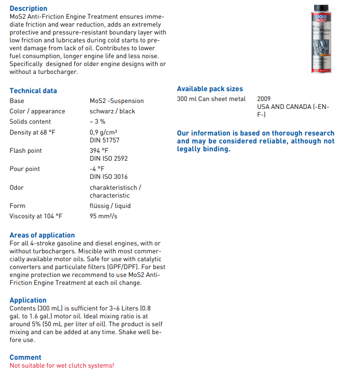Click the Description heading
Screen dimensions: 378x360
coord(29,8)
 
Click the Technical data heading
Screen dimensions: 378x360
coord(33,91)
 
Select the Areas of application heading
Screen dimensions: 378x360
coord(42,235)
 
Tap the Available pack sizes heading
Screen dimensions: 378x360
coord(210,89)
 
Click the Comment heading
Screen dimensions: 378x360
coord(26,357)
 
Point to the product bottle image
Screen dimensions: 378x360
coord(322,38)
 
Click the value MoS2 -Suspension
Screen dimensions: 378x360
coord(117,101)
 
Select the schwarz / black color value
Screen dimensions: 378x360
coord(112,111)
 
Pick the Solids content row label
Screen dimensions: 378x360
coord(31,122)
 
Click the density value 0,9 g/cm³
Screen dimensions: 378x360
coord(103,132)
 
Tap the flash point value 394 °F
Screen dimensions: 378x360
coord(99,151)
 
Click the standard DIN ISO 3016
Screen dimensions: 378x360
coord(109,176)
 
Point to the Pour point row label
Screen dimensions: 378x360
coord(25,169)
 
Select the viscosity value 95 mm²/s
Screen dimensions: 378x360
coord(103,216)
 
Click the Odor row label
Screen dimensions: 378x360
coord(17,188)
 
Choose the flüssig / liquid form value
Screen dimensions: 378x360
coord(110,206)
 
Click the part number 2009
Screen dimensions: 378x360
coord(264,99)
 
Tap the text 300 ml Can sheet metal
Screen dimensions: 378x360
coord(211,99)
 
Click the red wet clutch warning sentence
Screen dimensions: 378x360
coord(62,366)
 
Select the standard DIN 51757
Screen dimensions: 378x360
coord(104,140)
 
